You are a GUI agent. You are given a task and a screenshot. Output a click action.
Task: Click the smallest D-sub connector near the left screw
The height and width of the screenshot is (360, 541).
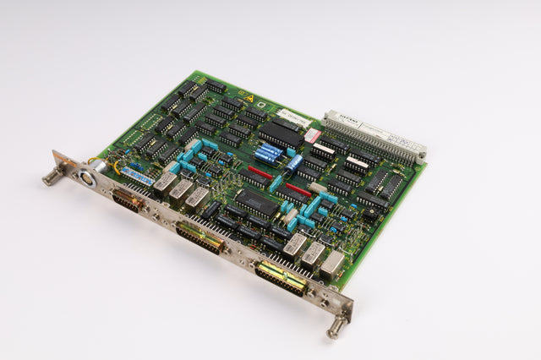[127, 201]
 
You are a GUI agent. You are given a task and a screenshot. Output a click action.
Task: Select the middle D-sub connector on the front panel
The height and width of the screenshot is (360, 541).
[200, 237]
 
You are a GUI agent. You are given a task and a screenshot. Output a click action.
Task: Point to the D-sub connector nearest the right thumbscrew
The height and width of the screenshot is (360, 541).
[282, 278]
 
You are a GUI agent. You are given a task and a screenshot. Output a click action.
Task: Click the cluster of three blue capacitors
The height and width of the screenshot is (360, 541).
[269, 153]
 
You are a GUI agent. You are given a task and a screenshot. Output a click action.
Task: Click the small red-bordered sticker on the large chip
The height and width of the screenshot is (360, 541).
[311, 136]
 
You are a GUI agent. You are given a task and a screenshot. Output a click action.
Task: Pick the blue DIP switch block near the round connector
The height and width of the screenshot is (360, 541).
[138, 177]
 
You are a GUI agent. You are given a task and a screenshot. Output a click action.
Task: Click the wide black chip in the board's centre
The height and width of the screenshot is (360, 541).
[256, 203]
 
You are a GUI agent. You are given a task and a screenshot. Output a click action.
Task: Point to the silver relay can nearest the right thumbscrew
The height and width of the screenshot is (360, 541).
[331, 264]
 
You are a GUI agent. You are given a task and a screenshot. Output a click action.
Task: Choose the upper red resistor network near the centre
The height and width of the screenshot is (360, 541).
[260, 173]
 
